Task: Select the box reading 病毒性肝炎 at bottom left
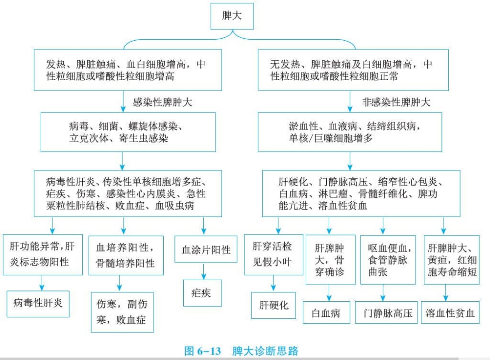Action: click(38, 303)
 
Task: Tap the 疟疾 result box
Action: click(203, 293)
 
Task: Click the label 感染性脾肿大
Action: click(162, 103)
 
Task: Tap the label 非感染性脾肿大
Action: click(396, 103)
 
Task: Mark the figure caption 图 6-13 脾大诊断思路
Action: click(241, 351)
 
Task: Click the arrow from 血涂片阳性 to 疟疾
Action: click(203, 272)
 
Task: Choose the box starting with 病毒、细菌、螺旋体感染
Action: click(122, 132)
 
